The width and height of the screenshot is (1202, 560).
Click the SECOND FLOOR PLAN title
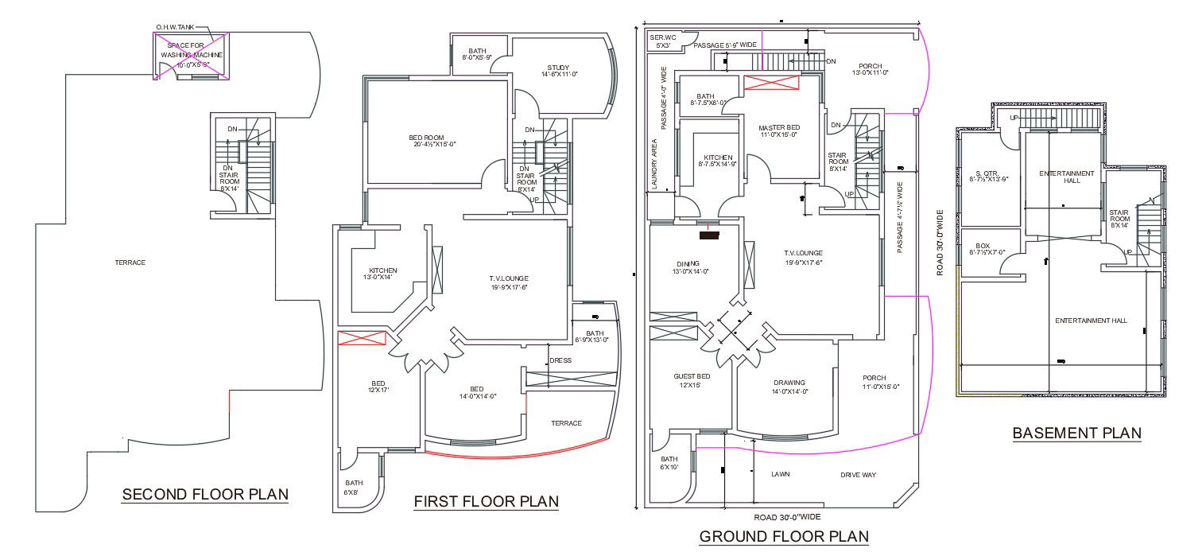[x=205, y=495]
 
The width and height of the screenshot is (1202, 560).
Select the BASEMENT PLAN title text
[x=1076, y=434]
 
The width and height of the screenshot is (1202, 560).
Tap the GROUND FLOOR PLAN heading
[x=784, y=537]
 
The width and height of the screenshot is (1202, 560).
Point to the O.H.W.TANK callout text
[x=174, y=27]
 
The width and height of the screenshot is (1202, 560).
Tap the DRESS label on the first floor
[x=560, y=360]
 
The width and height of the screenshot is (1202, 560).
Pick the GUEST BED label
[x=692, y=380]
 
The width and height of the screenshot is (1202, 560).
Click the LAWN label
[x=779, y=475]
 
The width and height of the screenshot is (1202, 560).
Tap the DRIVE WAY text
[x=858, y=475]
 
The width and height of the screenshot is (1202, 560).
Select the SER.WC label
[x=662, y=37]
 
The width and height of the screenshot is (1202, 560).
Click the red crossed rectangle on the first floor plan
[x=362, y=337]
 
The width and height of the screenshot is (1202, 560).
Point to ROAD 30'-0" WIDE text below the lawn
[x=786, y=517]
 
